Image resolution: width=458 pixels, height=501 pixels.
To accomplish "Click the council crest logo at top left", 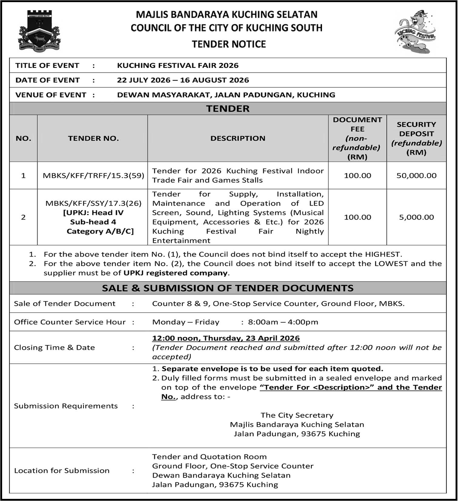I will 39,30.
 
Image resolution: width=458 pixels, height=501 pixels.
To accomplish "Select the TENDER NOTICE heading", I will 229,44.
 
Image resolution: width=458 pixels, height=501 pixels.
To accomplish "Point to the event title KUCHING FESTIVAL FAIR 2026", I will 178,65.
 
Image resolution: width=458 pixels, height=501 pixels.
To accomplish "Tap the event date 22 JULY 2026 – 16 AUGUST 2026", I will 183,80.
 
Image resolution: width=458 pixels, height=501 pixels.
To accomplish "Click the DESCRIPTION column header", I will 238,138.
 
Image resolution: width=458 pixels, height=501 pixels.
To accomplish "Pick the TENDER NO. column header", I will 93,138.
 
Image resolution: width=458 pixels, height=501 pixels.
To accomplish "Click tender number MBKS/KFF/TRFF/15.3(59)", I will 93,175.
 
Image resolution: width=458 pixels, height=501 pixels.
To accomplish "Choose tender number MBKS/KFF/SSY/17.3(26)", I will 93,203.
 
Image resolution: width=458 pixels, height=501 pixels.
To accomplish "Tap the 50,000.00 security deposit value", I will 416,175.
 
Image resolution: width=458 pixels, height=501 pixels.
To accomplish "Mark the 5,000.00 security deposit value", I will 416,217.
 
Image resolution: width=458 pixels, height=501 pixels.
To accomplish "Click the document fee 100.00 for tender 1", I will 357,175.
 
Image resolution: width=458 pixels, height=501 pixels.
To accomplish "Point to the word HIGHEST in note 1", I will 383,254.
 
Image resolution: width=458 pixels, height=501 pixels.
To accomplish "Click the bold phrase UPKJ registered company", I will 175,273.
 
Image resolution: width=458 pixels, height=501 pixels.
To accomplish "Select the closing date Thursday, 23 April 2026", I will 251,338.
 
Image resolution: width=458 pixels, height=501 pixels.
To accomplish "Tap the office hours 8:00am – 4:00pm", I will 283,322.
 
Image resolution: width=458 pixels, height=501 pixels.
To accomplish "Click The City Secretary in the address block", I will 297,415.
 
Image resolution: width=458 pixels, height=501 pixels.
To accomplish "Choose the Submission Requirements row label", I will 66,406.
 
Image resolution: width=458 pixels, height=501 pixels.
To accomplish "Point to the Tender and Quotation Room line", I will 209,456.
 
